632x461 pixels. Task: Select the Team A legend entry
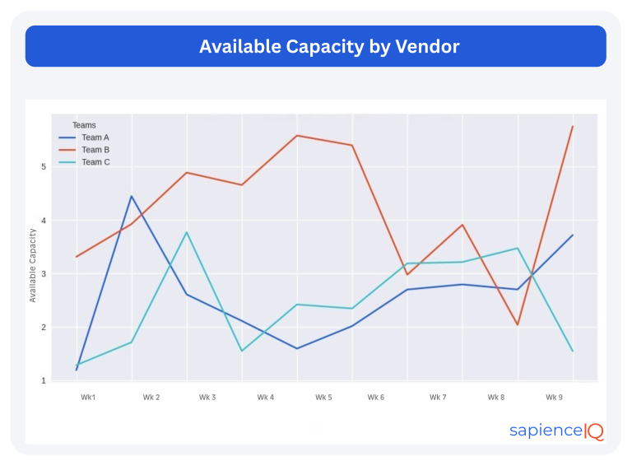95,137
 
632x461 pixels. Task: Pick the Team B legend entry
95,150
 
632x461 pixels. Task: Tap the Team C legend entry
95,162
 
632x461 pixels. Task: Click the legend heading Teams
84,125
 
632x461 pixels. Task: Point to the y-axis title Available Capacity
33,265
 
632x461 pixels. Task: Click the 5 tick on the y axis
43,167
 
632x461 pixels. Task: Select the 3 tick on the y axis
43,274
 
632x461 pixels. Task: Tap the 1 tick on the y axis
43,380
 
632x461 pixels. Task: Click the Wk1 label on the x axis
88,398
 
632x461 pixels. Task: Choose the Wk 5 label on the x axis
323,398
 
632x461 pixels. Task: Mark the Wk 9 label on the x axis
555,398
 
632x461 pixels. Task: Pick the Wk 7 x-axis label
438,398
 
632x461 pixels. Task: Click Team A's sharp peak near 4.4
132,196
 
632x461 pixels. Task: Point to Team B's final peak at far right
572,126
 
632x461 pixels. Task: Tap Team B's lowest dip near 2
518,324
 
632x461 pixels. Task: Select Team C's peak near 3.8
187,232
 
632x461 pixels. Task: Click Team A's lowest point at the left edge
77,370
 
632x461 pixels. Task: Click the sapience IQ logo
556,431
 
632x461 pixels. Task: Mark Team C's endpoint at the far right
572,352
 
